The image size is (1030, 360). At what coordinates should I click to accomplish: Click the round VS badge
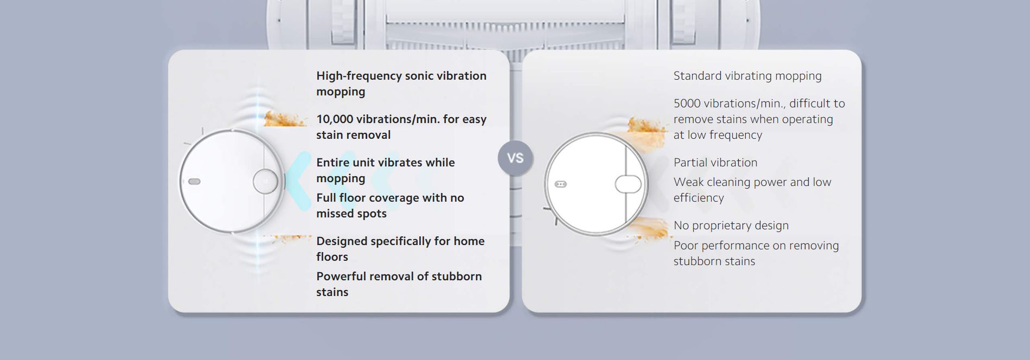(x=515, y=158)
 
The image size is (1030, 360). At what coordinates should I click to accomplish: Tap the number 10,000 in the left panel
(x=335, y=119)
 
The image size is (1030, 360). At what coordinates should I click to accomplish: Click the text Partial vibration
(x=715, y=163)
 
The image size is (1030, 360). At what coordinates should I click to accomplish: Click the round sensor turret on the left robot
(x=265, y=182)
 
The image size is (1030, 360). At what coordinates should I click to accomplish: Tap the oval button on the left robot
(x=195, y=182)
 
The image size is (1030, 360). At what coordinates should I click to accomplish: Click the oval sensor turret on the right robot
(x=628, y=184)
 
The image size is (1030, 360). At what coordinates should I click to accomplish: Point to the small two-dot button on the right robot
(x=561, y=184)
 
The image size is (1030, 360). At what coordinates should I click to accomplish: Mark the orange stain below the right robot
(x=651, y=228)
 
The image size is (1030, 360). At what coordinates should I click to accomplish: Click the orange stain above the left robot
(x=285, y=119)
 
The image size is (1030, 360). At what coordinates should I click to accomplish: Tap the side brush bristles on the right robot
(x=551, y=214)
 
